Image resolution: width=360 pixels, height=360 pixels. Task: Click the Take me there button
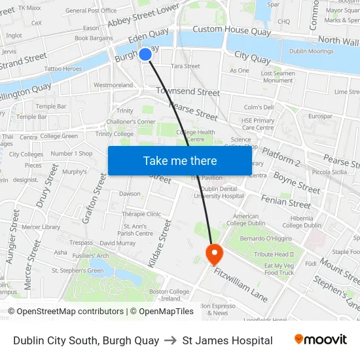pyautogui.click(x=179, y=160)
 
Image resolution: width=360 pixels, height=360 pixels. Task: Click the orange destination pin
pyautogui.click(x=214, y=253)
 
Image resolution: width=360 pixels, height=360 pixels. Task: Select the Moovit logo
pyautogui.click(x=320, y=340)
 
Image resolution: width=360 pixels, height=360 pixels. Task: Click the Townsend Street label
pyautogui.click(x=187, y=92)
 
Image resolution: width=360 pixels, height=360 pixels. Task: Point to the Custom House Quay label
pyautogui.click(x=223, y=29)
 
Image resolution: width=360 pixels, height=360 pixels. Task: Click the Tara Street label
pyautogui.click(x=185, y=66)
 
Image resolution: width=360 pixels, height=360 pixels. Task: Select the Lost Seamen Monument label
pyautogui.click(x=277, y=77)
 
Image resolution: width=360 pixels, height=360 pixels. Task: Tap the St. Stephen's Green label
pyautogui.click(x=77, y=270)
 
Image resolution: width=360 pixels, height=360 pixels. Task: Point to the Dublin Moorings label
pyautogui.click(x=311, y=51)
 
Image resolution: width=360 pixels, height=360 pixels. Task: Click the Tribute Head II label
pyautogui.click(x=274, y=255)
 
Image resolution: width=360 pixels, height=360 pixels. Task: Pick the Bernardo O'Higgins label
pyautogui.click(x=266, y=238)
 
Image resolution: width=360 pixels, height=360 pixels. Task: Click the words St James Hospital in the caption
pyautogui.click(x=227, y=340)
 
